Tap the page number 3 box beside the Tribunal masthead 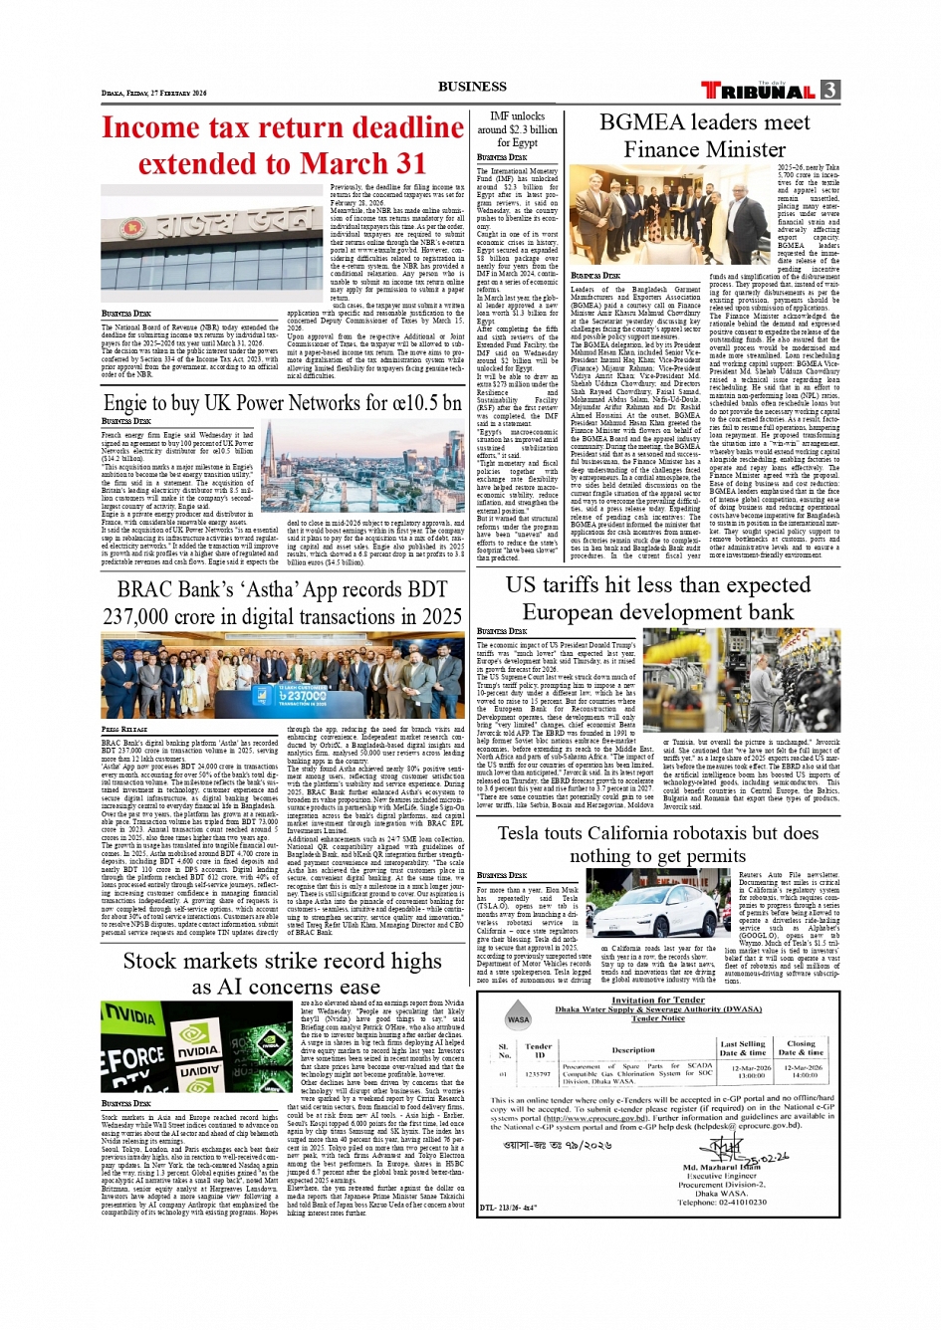point(830,90)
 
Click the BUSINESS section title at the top point(472,87)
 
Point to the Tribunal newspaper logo point(759,91)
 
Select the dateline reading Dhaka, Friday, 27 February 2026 point(154,93)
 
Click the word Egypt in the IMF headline point(517,142)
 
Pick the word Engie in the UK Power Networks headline point(125,403)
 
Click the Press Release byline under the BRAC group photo point(123,729)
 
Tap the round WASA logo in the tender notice point(518,1018)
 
